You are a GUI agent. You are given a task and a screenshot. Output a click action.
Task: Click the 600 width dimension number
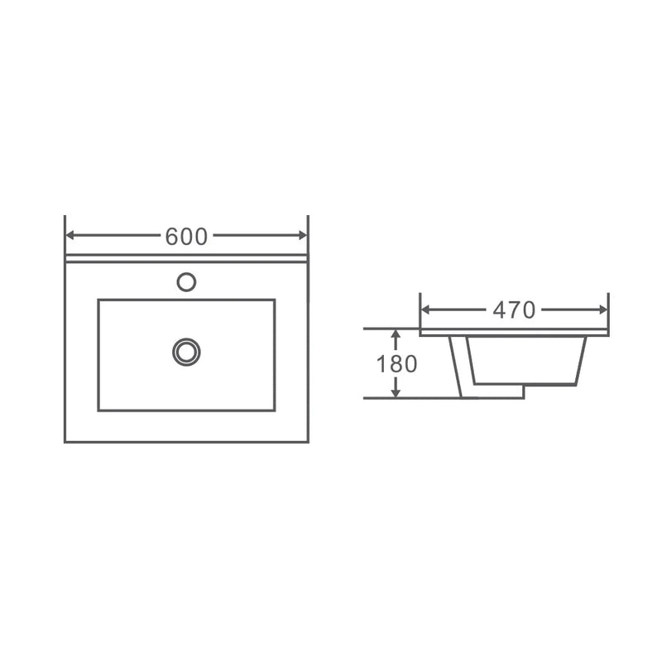[186, 236]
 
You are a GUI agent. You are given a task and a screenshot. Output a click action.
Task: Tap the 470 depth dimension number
[514, 310]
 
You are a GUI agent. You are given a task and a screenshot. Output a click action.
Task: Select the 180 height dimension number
[396, 363]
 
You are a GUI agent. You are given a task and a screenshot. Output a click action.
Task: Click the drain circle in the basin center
[186, 352]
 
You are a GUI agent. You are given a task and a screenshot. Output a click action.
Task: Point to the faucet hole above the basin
[186, 282]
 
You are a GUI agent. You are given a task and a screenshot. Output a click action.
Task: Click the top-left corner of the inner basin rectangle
[98, 300]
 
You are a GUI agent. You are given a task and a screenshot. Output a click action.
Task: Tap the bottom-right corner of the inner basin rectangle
[274, 410]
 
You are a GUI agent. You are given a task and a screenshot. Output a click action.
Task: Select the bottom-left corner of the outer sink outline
[65, 441]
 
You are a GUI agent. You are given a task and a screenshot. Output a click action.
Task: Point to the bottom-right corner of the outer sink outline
[308, 441]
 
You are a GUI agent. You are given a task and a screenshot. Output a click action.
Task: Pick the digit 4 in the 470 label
[499, 310]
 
